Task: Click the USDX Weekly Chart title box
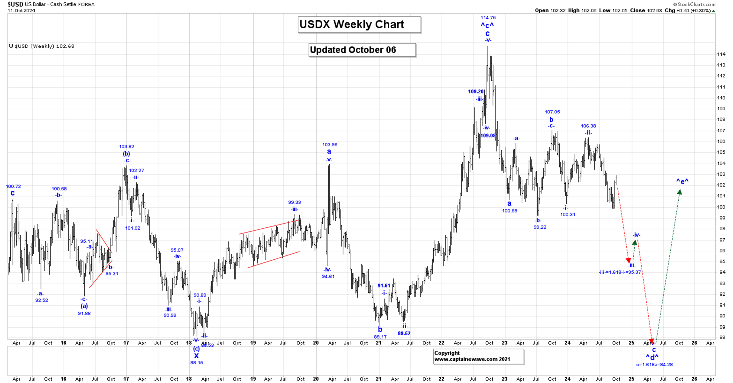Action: click(x=359, y=25)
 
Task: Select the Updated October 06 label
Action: click(x=362, y=50)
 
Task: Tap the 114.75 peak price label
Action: click(x=488, y=18)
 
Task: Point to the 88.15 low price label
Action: click(x=197, y=362)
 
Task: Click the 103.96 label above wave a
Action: click(x=329, y=145)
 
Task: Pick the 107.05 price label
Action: click(x=552, y=112)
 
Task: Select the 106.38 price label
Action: click(x=588, y=126)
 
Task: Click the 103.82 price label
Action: click(x=126, y=146)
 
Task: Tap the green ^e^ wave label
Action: click(x=682, y=181)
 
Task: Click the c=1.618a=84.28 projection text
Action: click(x=655, y=364)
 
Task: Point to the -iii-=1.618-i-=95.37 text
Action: click(x=620, y=272)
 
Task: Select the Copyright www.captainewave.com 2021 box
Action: click(x=478, y=356)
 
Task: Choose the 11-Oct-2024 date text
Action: click(x=21, y=11)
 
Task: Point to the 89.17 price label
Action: click(x=380, y=337)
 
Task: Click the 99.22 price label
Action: click(x=540, y=227)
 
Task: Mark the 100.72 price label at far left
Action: click(x=13, y=187)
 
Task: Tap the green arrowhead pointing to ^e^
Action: click(x=679, y=193)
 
